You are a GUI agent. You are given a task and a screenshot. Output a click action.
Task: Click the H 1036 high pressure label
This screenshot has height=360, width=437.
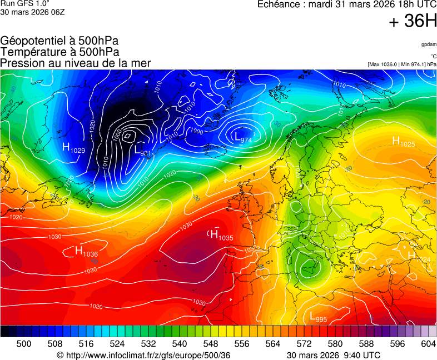[x=86, y=252]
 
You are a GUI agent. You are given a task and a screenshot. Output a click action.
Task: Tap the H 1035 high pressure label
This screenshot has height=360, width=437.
[x=221, y=236]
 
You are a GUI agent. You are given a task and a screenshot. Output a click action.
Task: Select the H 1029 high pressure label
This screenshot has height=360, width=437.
[x=73, y=148]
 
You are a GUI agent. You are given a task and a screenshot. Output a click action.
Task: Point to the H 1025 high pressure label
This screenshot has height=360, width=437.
[x=404, y=142]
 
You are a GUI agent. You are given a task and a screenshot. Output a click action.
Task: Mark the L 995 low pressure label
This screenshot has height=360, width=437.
[x=318, y=317]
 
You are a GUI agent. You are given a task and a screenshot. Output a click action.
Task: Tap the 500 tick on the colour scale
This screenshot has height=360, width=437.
[x=23, y=344]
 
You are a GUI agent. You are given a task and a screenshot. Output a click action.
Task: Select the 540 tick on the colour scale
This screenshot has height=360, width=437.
[x=180, y=344]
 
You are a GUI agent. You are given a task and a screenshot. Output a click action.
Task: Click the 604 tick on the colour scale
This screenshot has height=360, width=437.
[x=428, y=344]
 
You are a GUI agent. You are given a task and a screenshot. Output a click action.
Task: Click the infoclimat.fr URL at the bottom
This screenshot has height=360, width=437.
[x=143, y=355]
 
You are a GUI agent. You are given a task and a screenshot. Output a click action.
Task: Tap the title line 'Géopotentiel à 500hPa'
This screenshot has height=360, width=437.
[x=59, y=41]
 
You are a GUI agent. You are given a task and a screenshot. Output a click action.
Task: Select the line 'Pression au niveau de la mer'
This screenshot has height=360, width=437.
[x=76, y=63]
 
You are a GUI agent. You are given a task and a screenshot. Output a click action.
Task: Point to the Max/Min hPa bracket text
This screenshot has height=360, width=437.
[x=402, y=64]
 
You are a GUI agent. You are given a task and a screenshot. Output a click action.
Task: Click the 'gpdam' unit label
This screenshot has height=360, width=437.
[x=429, y=44]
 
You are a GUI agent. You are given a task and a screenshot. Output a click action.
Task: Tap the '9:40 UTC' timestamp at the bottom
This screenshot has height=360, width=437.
[x=364, y=355]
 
